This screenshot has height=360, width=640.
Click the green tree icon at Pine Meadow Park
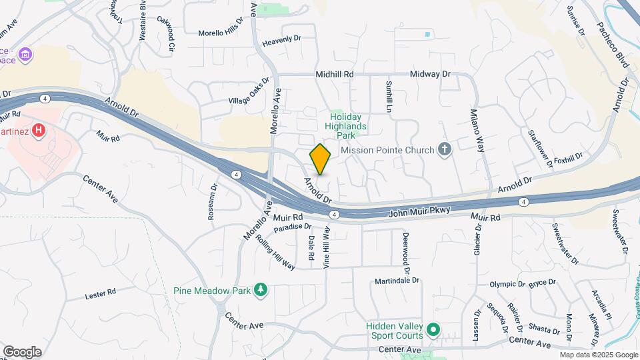point(262,290)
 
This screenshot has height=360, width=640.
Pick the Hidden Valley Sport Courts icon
point(433,329)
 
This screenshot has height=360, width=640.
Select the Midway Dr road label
point(431,75)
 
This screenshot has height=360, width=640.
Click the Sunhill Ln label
point(388,95)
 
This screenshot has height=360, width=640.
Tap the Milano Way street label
point(477,129)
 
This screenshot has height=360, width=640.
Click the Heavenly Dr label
point(282,40)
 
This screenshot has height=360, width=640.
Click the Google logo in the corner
point(22,352)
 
